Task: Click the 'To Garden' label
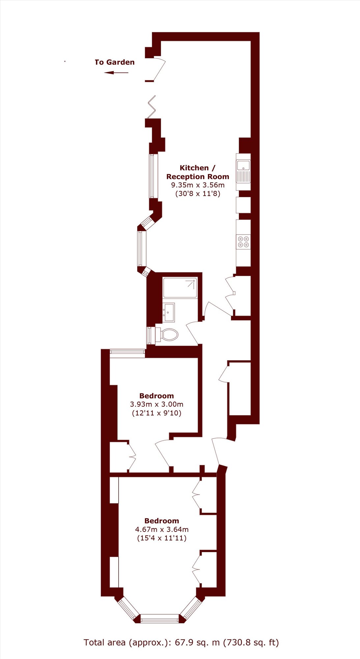[115, 62]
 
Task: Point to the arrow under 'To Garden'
[116, 72]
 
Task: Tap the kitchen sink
[243, 172]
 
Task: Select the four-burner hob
[243, 242]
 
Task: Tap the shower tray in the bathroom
[180, 288]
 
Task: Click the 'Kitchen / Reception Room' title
[198, 172]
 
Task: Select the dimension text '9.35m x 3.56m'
[198, 185]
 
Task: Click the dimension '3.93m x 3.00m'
[156, 404]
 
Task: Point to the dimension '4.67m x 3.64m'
[162, 530]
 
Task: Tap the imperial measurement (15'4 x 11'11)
[162, 538]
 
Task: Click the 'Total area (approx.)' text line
[181, 643]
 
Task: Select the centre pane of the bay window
[160, 618]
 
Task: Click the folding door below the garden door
[151, 107]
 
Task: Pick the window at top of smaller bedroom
[127, 353]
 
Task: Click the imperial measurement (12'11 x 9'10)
[156, 413]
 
